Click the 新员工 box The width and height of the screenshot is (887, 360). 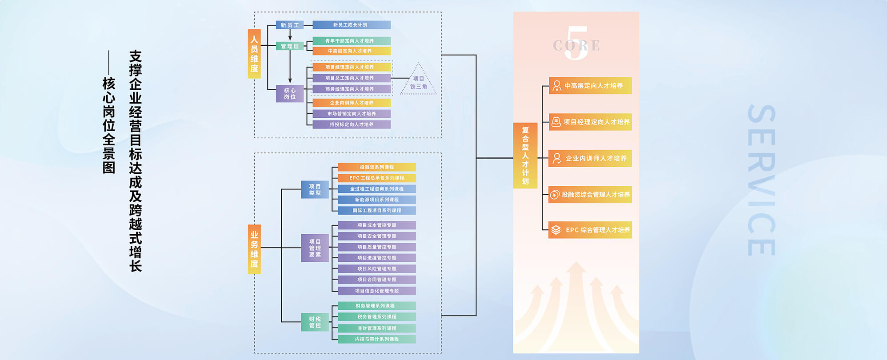290,25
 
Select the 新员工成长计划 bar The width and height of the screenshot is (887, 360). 351,25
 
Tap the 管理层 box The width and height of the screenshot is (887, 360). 290,46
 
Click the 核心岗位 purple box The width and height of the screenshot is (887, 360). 290,93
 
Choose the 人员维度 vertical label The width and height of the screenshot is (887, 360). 254,54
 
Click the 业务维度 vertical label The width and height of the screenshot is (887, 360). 254,249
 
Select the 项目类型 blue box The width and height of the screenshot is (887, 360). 315,189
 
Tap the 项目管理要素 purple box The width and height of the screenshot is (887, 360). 315,248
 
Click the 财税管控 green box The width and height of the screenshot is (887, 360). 315,322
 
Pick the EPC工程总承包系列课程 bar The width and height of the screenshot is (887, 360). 376,178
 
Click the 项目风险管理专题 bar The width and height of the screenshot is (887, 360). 376,268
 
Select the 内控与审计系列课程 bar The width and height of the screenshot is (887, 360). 376,339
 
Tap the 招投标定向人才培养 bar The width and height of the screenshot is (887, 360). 351,124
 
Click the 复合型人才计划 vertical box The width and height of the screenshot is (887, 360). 525,156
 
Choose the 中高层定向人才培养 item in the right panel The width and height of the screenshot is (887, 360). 590,86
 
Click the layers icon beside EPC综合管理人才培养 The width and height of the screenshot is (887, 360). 556,230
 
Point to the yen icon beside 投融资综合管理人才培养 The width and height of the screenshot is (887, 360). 555,194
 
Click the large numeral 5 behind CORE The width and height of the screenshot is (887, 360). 576,44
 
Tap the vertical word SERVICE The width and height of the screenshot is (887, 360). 761,180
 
